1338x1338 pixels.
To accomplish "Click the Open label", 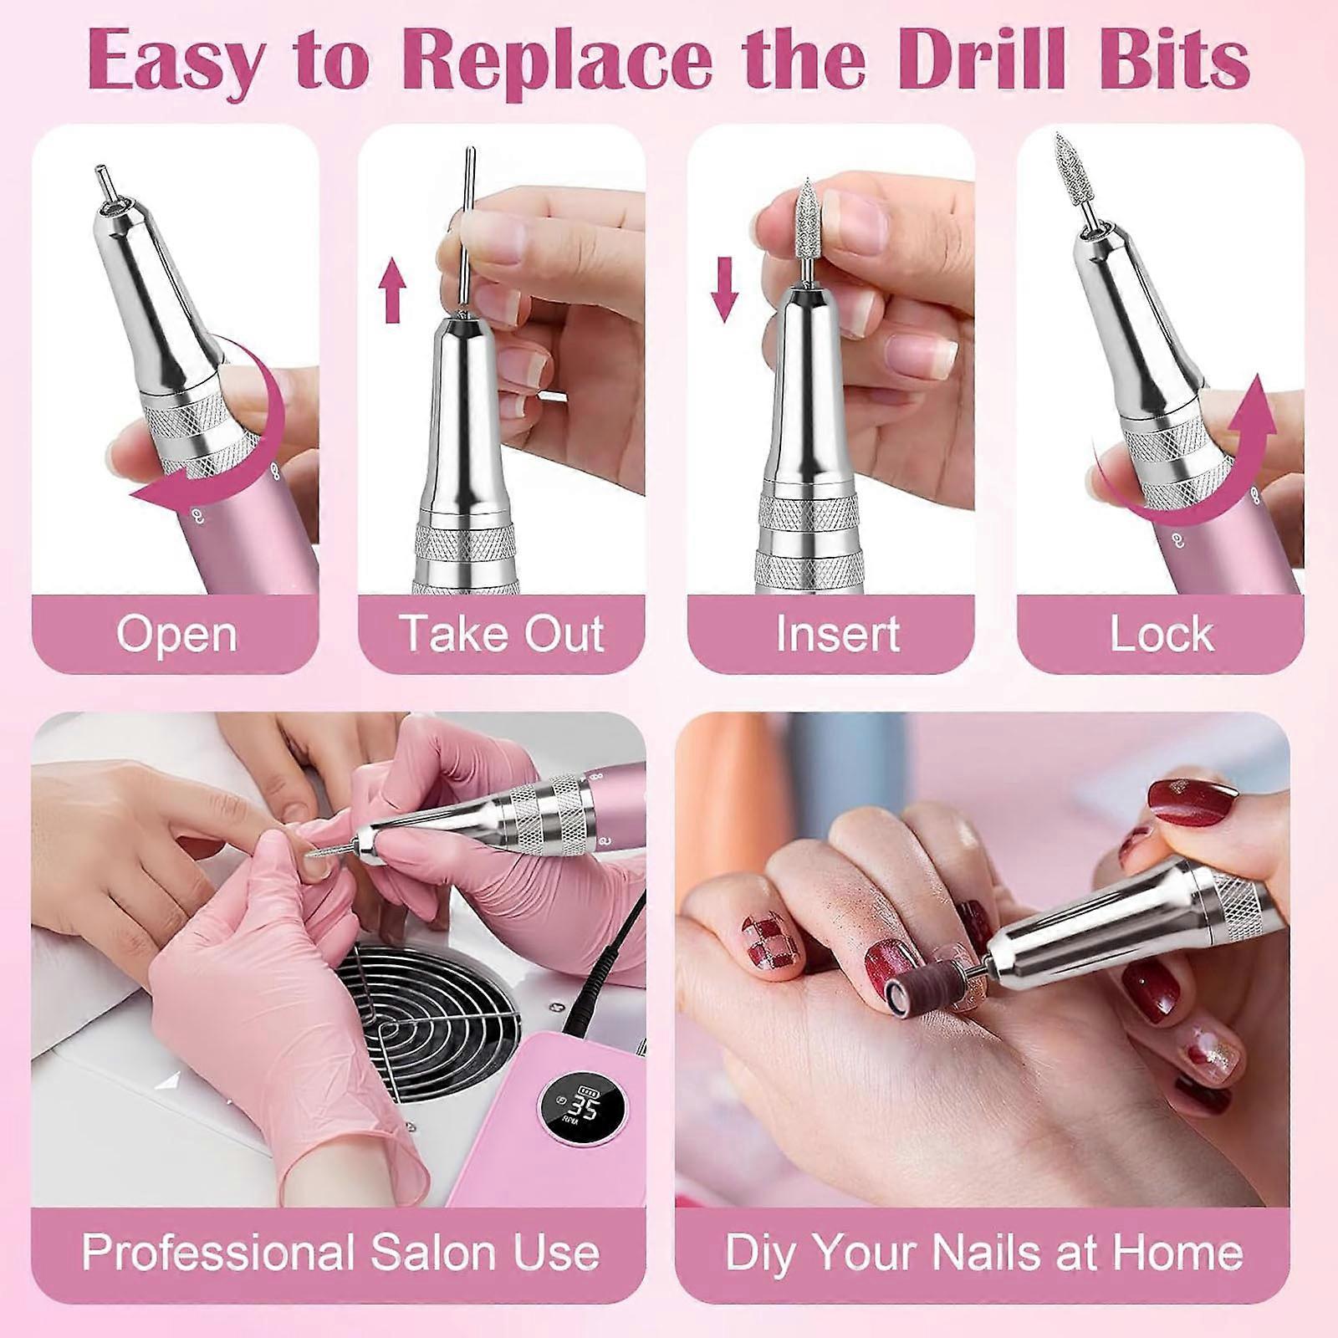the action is pos(176,635).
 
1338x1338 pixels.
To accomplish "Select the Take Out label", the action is pos(502,633).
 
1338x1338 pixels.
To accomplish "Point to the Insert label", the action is pos(838,633).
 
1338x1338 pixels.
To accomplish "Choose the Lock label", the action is pos(1162,633).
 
